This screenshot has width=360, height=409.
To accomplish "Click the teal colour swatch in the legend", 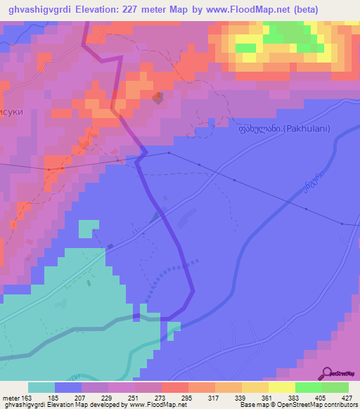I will coord(41,387).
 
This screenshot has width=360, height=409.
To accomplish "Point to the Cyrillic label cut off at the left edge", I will coord(12,112).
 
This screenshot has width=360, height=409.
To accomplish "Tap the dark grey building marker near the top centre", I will coord(157,98).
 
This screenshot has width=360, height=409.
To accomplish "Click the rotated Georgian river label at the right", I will coord(314,183).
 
